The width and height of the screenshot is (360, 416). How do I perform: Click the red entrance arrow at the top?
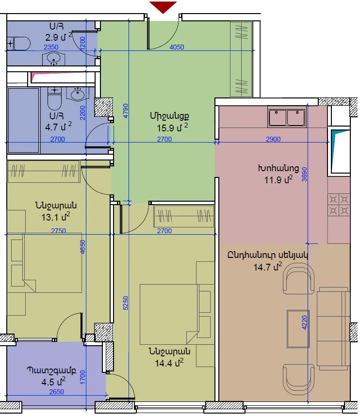[163, 7]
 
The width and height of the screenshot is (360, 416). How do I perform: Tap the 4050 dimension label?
[177, 47]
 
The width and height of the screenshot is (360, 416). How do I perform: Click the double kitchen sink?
[287, 117]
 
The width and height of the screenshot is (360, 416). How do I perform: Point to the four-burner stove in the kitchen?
[339, 205]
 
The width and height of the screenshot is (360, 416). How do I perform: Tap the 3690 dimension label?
[305, 175]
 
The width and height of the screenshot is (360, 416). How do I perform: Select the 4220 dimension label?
[305, 322]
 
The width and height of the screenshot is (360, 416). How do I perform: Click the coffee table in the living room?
[298, 328]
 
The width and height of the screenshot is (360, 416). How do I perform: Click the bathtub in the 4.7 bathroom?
[24, 120]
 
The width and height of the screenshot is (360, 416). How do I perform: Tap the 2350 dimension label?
[51, 47]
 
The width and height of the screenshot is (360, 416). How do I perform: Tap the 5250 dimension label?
[126, 303]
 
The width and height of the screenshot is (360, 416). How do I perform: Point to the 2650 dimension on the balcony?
[57, 392]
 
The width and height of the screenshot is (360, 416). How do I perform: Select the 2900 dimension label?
[273, 139]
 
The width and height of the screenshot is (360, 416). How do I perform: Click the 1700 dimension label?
[82, 377]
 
